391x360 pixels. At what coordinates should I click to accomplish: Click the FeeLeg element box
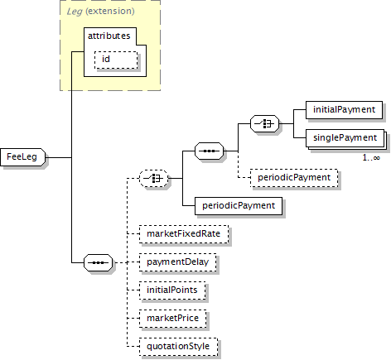click(x=22, y=157)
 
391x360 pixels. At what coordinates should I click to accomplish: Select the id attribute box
click(x=116, y=60)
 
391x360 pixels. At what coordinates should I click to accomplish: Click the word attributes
click(x=109, y=36)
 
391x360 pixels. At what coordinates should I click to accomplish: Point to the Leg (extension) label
click(x=100, y=12)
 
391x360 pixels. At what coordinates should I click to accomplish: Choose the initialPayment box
click(x=344, y=110)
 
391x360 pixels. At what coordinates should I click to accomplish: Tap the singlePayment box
click(x=345, y=138)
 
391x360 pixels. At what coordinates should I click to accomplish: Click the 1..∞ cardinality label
click(x=371, y=158)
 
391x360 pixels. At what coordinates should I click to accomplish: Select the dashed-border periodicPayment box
click(x=294, y=178)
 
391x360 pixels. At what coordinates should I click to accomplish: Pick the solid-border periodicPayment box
click(x=239, y=206)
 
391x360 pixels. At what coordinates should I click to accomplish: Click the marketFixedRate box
click(x=184, y=234)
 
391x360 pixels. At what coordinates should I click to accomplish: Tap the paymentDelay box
click(x=178, y=262)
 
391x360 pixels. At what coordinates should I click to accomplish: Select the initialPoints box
click(x=172, y=290)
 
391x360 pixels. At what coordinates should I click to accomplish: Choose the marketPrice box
click(x=173, y=319)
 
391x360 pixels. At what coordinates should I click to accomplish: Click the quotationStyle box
click(x=178, y=347)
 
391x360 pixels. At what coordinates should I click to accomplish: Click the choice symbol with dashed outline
click(x=154, y=178)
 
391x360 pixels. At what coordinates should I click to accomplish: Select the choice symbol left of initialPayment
click(x=264, y=123)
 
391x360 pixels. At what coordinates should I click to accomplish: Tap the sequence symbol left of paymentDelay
click(x=99, y=262)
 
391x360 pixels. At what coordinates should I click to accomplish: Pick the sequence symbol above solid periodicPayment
click(x=210, y=151)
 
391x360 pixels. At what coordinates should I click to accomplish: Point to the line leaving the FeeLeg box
click(x=59, y=157)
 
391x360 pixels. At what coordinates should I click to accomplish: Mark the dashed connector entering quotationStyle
click(x=133, y=347)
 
